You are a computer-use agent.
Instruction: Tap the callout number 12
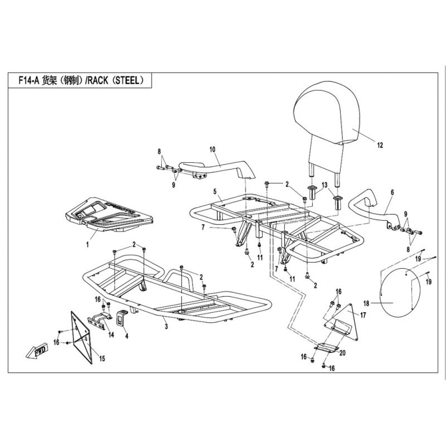click(x=380, y=146)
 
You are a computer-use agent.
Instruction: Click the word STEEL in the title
click(x=129, y=80)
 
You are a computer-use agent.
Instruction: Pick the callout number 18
click(x=366, y=304)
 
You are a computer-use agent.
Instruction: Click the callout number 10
click(x=212, y=149)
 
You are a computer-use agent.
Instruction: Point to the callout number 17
click(x=363, y=315)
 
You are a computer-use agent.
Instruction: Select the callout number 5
click(x=214, y=191)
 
